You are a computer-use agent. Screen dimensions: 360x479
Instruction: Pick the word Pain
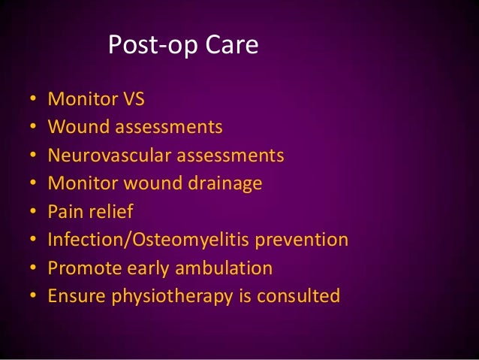(65, 212)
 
